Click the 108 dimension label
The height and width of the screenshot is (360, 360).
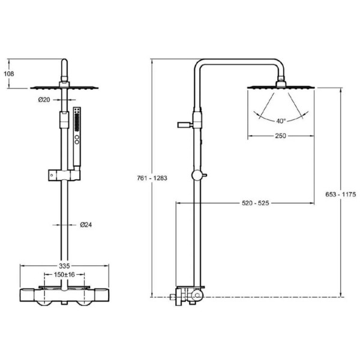coord(9,74)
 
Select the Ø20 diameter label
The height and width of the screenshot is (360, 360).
coord(44,100)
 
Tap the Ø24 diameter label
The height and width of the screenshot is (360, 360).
coord(86,225)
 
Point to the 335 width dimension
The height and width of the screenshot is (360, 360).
coord(64,266)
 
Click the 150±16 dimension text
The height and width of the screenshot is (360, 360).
coord(64,275)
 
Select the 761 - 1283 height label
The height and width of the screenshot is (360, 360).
coord(152,178)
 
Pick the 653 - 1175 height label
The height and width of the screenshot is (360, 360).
coord(340,194)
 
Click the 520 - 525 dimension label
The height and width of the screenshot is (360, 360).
coord(256,203)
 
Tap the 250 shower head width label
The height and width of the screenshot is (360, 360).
coord(281,136)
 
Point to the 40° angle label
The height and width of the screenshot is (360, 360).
coord(281,121)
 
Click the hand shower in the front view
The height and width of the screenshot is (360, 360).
coord(77,137)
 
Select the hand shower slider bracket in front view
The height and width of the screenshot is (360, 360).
coord(64,175)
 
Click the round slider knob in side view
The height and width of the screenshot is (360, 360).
coord(197,175)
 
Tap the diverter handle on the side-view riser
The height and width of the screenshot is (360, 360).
coord(185,125)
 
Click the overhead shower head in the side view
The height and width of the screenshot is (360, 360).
coord(281,87)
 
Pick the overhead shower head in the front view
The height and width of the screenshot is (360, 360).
coord(64,88)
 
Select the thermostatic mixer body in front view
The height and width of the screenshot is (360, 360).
coord(64,295)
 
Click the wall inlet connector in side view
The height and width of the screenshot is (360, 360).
coord(173,297)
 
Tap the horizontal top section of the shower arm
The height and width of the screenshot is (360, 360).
coord(239,61)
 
